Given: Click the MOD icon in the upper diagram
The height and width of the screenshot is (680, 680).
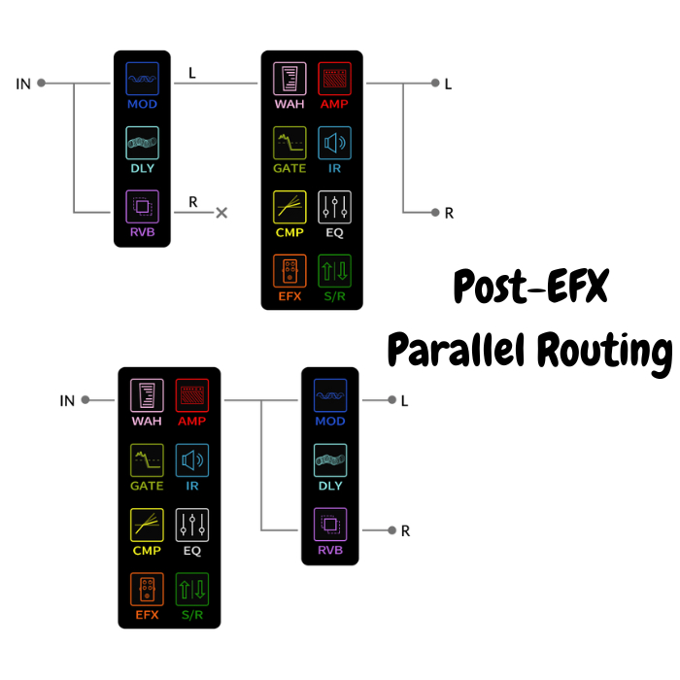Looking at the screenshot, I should click(x=142, y=79).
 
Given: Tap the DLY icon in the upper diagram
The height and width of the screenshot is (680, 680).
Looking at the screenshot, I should click(x=142, y=143).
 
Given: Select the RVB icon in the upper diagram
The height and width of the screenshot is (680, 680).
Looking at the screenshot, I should click(x=142, y=206).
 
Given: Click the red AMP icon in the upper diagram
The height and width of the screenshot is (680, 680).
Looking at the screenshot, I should click(x=335, y=78).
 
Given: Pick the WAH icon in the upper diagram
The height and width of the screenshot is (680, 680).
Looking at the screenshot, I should click(x=289, y=78).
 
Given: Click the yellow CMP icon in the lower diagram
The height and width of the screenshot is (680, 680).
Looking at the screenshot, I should click(x=147, y=525).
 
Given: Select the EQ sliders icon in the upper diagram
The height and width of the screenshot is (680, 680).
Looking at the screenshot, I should click(x=335, y=206).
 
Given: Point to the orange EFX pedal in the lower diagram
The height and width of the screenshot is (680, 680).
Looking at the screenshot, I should click(x=147, y=589).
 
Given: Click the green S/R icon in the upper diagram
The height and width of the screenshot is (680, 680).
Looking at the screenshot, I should click(x=335, y=270).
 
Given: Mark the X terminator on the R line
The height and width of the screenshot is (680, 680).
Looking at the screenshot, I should click(x=221, y=212).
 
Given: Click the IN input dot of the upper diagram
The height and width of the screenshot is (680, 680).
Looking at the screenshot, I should click(x=42, y=84).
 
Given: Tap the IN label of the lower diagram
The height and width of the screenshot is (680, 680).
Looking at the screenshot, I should click(x=68, y=400).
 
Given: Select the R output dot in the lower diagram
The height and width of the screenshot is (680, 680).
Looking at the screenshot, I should click(x=391, y=529).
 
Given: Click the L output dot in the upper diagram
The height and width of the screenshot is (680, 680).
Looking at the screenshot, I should click(x=434, y=84).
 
